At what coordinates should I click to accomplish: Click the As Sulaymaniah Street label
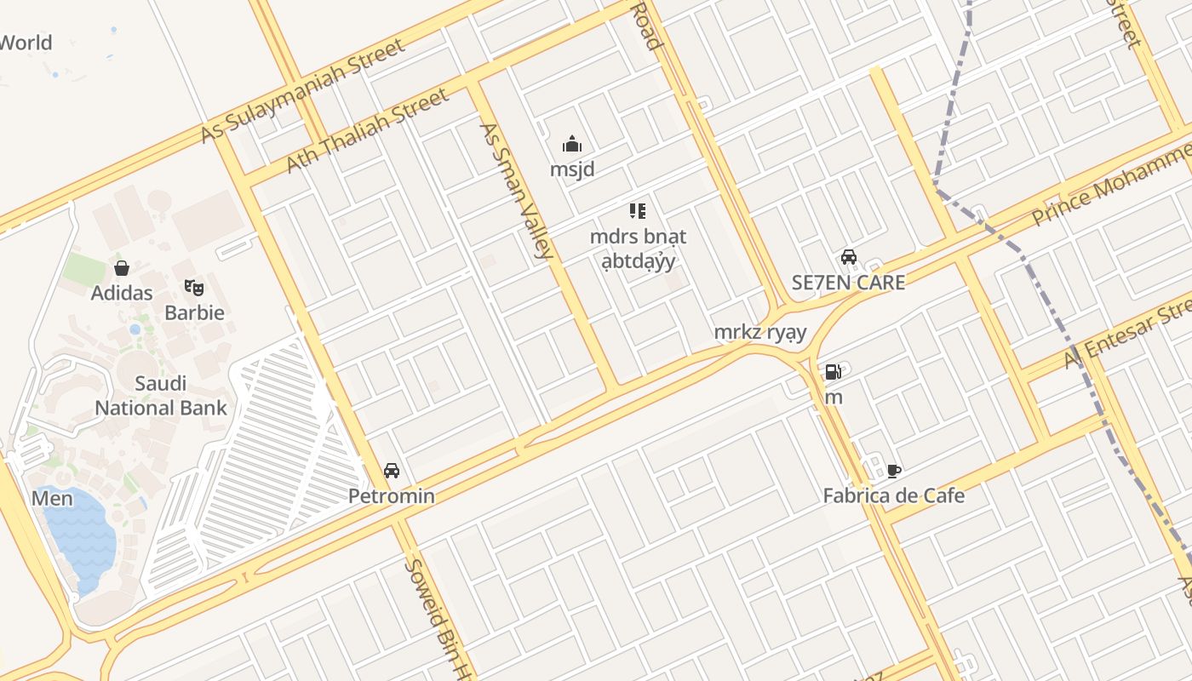[302, 91]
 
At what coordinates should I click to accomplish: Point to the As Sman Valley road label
[517, 190]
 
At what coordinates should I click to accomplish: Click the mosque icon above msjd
[572, 144]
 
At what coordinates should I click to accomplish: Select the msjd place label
[572, 169]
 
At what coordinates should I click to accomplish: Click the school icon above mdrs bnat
[638, 211]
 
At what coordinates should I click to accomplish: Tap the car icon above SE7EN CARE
[849, 257]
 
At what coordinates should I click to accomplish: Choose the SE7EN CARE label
[848, 283]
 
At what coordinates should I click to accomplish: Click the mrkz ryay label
[759, 332]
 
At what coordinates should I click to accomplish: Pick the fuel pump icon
[833, 372]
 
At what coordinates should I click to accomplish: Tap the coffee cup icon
[893, 470]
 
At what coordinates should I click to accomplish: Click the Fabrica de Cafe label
[894, 495]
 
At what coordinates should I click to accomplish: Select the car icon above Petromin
[392, 470]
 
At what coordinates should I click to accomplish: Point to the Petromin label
[392, 495]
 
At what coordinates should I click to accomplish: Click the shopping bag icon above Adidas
[122, 268]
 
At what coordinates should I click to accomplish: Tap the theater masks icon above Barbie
[194, 288]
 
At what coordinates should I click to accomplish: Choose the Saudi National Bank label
[161, 396]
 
